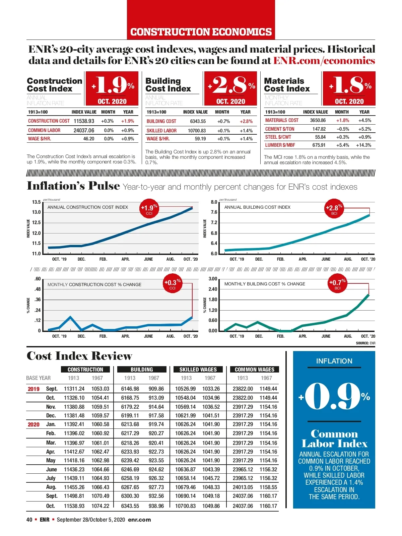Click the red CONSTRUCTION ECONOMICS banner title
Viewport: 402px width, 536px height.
click(x=201, y=32)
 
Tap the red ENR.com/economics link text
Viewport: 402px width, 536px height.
click(x=324, y=61)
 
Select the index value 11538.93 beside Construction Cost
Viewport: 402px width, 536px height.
click(x=84, y=121)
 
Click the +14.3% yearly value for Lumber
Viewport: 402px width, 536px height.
click(x=363, y=145)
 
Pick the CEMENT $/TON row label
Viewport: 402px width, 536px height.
click(x=280, y=129)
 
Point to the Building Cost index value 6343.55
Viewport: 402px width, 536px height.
click(x=198, y=121)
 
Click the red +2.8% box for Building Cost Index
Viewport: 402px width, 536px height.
click(x=230, y=88)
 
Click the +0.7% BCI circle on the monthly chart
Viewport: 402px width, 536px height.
click(x=337, y=284)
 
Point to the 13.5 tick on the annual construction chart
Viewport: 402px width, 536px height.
click(x=36, y=202)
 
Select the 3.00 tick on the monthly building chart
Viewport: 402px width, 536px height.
click(x=213, y=279)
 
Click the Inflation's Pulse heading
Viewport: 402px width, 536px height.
click(x=73, y=186)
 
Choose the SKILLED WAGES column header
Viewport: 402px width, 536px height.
click(x=198, y=370)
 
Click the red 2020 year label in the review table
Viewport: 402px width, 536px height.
click(x=33, y=424)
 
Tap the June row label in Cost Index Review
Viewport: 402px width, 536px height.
click(x=51, y=469)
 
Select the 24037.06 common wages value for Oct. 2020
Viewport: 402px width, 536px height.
click(x=243, y=506)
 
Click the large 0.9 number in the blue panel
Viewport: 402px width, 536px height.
click(x=333, y=397)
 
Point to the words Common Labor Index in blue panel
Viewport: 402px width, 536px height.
click(x=334, y=439)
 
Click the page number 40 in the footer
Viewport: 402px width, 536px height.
click(x=29, y=520)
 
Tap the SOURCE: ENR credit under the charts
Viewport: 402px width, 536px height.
click(x=365, y=343)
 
